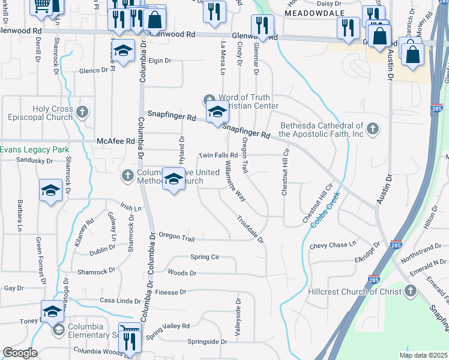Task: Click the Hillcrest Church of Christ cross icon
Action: (x=411, y=292)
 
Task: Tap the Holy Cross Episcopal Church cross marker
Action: (x=83, y=112)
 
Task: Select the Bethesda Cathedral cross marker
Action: (x=373, y=128)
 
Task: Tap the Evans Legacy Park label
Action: (x=35, y=149)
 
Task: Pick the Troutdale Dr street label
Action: (x=250, y=230)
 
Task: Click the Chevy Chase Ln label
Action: (x=333, y=245)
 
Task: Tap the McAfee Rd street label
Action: (x=116, y=142)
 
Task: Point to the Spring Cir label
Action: (x=205, y=257)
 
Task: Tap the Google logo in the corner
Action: (x=20, y=353)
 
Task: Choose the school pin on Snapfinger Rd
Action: (x=217, y=112)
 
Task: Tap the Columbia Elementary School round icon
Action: (x=58, y=329)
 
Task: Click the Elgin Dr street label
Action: (x=160, y=61)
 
